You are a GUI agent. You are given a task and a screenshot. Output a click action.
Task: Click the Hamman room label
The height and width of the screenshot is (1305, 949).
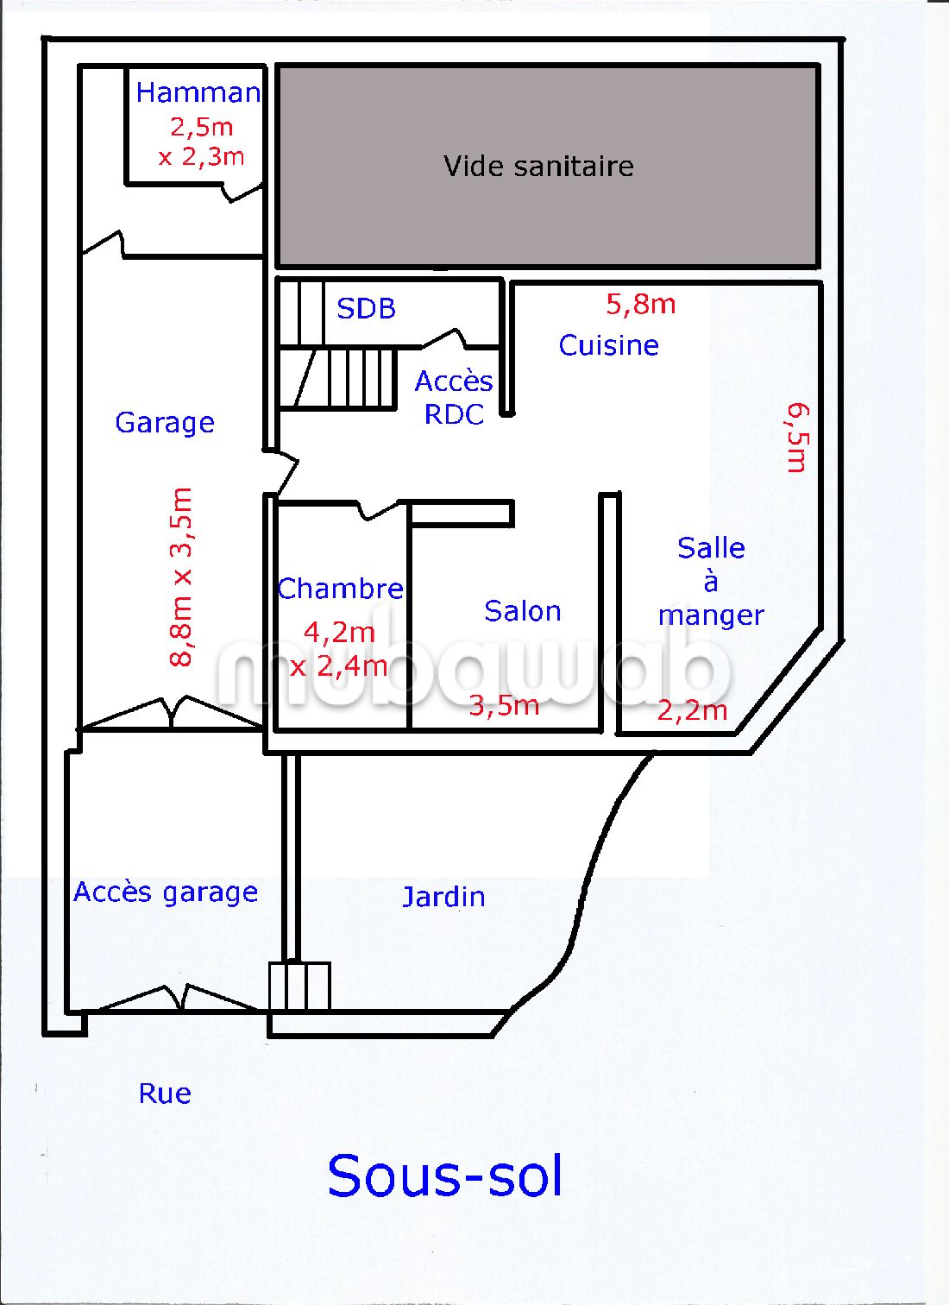click(198, 92)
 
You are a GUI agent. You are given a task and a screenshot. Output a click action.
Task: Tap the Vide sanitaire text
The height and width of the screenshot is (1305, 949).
click(538, 166)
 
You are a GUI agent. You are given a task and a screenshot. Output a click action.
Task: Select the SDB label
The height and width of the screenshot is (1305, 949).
click(366, 308)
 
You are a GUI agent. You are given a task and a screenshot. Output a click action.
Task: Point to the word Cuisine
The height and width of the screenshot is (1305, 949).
click(608, 345)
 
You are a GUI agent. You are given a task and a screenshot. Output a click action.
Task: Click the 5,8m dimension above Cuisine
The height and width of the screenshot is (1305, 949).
click(640, 304)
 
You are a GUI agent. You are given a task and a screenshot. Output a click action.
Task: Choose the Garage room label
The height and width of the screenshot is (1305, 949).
click(165, 422)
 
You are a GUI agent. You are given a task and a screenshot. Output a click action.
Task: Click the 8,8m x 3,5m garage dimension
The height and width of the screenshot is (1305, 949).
click(182, 577)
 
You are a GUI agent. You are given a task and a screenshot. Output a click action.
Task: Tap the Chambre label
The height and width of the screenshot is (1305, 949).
click(340, 589)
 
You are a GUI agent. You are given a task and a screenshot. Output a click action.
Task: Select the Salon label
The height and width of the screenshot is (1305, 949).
click(522, 611)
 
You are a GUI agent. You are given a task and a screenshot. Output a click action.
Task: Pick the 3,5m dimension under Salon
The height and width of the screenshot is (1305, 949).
click(504, 705)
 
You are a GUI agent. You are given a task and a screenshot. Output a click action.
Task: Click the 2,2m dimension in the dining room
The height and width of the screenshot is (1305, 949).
click(692, 710)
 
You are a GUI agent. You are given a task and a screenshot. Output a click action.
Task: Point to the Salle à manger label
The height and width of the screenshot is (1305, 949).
click(711, 581)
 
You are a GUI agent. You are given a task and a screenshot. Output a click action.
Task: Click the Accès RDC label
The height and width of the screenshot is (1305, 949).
click(454, 397)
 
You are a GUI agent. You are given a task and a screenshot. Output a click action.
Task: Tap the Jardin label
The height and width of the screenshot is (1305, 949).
click(443, 897)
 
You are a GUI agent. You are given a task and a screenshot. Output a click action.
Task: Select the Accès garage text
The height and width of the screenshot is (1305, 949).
click(166, 892)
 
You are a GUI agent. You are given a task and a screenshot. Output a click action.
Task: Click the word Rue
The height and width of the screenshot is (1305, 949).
click(165, 1094)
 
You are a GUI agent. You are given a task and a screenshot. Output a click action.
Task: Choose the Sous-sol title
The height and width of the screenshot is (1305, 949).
click(445, 1176)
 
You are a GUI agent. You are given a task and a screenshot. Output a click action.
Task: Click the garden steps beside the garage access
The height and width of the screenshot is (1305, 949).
click(299, 986)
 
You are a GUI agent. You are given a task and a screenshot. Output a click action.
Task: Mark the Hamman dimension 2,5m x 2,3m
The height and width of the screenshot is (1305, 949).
click(201, 142)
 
